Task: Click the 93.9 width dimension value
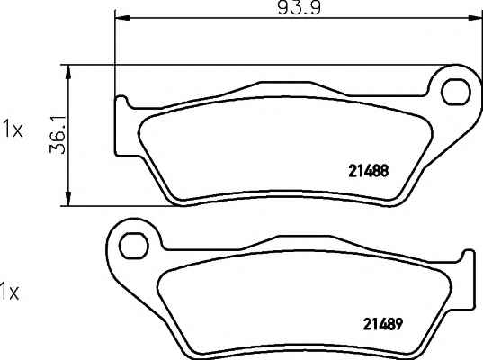[300, 7]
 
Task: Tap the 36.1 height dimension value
[58, 135]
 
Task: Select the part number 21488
[369, 171]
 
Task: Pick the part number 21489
[383, 324]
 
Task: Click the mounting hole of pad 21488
[456, 92]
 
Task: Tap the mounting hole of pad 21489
[134, 246]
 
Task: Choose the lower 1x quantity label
[10, 292]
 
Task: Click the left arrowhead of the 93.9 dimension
[122, 18]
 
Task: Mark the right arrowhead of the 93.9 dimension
[474, 18]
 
